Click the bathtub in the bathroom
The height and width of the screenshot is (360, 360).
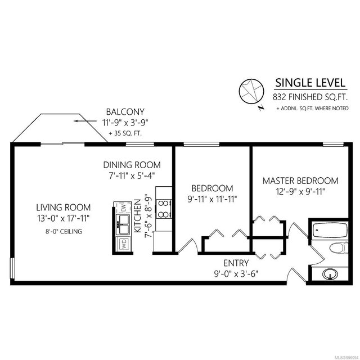pos(330,230)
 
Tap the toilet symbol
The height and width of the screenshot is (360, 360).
pos(339,248)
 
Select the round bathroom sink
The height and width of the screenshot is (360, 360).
pos(330,274)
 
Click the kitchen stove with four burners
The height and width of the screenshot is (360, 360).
pos(164,209)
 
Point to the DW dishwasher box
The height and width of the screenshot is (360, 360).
pos(123,208)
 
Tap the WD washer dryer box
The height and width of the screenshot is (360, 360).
pos(124,244)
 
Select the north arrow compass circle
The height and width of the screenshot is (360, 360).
pos(251,91)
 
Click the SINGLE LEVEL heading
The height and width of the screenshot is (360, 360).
pos(310,83)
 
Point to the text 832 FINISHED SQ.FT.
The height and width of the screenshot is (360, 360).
pos(310,97)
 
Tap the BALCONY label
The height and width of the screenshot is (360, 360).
pos(125,112)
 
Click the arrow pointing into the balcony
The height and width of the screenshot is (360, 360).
pos(85,121)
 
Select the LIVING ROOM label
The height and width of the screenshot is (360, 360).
pos(64,208)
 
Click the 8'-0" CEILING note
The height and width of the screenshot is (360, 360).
pos(64,231)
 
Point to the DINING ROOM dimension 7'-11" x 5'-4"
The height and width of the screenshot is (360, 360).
pos(132,176)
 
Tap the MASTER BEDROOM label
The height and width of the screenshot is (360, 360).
pos(300,181)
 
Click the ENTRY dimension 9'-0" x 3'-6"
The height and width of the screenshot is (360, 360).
pos(236,274)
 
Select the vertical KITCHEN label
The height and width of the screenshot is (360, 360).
pos(137,216)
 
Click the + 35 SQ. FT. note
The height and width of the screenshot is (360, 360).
pos(125,133)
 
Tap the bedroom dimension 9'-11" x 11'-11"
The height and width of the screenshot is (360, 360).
pos(212,199)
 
